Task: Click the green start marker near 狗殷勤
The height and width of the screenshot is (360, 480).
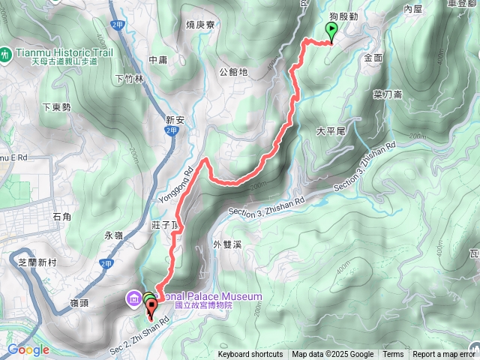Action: click(331, 31)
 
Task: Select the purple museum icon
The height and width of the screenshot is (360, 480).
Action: click(133, 300)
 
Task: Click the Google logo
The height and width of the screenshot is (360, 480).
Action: click(28, 349)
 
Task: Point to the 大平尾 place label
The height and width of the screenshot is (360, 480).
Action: click(330, 130)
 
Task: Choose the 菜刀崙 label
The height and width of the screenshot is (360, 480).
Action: click(388, 94)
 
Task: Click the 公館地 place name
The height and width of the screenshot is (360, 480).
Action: click(233, 72)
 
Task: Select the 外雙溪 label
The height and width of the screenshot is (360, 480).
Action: click(226, 244)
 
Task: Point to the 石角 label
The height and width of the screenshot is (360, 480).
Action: click(62, 217)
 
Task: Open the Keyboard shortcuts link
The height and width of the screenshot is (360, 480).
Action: click(250, 355)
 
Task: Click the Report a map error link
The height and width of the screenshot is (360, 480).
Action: click(444, 355)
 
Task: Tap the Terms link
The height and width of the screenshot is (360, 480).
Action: click(393, 355)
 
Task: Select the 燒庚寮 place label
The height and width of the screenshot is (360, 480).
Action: click(200, 25)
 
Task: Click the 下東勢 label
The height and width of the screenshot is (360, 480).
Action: click(56, 107)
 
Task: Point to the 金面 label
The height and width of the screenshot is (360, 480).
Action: click(373, 57)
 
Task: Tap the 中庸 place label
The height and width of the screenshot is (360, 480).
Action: click(157, 60)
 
